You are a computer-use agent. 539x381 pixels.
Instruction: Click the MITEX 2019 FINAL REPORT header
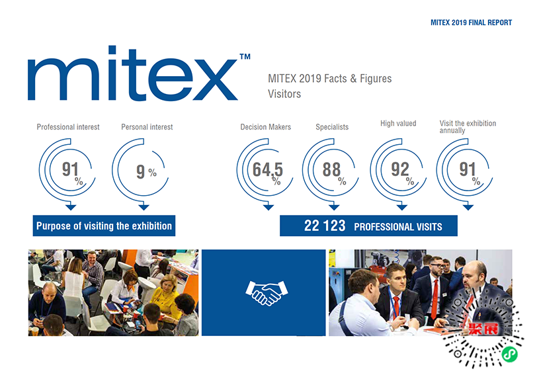point(471,22)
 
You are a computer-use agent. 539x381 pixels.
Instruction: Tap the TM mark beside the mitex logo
point(245,56)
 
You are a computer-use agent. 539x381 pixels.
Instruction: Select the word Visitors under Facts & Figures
point(284,94)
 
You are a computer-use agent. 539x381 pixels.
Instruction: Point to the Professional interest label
point(68,127)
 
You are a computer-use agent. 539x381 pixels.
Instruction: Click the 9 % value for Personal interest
point(146,171)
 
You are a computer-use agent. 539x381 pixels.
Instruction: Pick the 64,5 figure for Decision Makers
point(267,169)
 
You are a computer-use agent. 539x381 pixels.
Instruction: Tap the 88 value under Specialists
point(331,169)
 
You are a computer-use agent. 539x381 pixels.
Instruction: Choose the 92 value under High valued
point(399,169)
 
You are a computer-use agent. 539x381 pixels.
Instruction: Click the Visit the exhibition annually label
point(468,126)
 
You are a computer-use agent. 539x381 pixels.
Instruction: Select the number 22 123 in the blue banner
point(325,226)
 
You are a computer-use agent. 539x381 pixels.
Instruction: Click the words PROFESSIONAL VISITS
point(398,227)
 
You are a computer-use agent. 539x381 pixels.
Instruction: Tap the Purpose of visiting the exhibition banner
point(104,226)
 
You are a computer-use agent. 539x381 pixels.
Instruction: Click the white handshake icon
point(267,293)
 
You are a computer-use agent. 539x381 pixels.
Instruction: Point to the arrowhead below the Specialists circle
point(334,207)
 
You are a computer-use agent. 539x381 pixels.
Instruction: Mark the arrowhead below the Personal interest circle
point(144,207)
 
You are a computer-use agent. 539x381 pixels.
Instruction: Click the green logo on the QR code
point(509,354)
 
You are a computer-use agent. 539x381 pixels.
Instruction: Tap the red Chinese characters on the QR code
point(483,329)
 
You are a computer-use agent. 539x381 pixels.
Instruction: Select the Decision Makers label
point(265,127)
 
